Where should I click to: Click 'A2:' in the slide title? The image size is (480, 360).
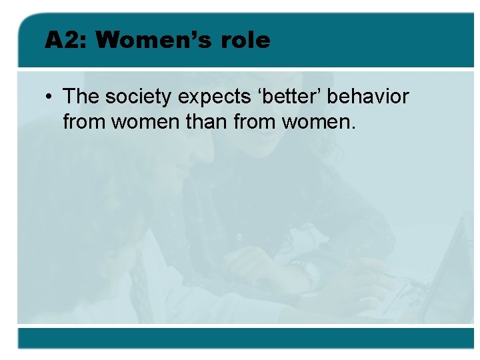tap(65, 41)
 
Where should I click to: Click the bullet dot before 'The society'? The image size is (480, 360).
tap(50, 97)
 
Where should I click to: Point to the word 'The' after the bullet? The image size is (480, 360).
tap(81, 97)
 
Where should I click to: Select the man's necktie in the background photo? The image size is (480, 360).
tap(139, 280)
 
